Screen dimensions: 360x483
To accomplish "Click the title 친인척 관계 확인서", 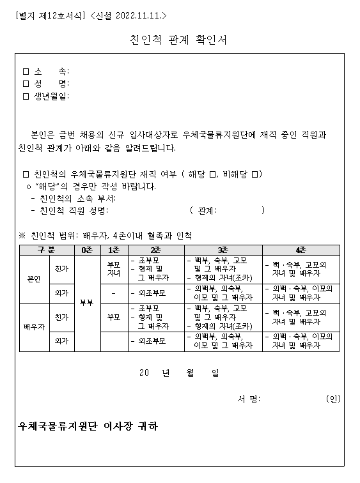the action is click(x=178, y=40).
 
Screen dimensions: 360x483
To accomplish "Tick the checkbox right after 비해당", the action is click(x=254, y=174).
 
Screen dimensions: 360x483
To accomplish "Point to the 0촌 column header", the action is click(x=87, y=249).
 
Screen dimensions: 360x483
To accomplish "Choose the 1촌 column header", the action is click(x=113, y=249).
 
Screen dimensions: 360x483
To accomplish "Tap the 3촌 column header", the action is click(x=223, y=249).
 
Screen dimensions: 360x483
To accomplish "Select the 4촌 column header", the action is click(x=301, y=249).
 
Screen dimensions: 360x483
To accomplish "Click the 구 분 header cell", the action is click(x=47, y=249).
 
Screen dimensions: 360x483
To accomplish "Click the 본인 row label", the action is click(x=33, y=279).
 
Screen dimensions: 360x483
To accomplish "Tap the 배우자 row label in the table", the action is click(x=34, y=327).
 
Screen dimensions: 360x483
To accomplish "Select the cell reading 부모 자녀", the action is click(x=113, y=268).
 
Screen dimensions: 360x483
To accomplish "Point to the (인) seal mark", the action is click(x=333, y=399).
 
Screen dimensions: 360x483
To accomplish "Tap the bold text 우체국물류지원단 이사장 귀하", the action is click(x=88, y=426).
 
